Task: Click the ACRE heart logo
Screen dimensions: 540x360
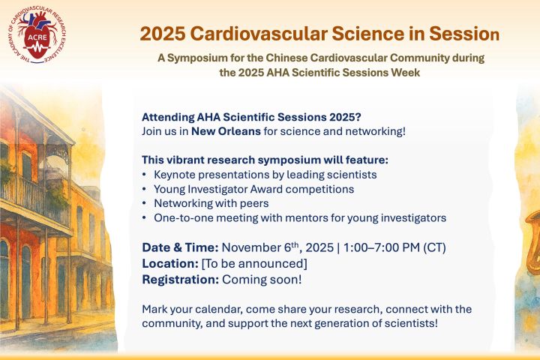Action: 38,35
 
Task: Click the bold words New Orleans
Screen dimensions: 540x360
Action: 226,131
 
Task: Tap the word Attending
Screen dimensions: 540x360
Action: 168,117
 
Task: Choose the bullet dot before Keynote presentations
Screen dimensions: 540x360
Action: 144,175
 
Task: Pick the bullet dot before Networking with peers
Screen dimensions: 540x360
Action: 144,203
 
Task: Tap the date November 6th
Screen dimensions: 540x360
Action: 260,247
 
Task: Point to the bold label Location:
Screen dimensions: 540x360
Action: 170,263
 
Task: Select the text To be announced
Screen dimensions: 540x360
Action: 254,263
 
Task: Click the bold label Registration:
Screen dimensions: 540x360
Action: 181,280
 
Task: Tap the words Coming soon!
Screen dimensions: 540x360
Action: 262,280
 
